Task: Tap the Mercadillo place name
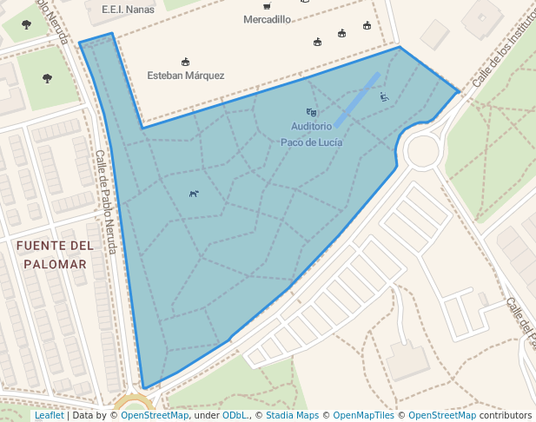tap(267, 19)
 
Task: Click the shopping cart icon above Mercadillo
tap(267, 6)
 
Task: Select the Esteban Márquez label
tap(186, 76)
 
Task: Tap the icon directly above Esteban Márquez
tap(186, 62)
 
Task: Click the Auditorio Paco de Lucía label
tap(311, 135)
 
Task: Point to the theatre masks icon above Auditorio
tap(311, 112)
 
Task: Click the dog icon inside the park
tap(194, 194)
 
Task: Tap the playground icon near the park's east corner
tap(384, 97)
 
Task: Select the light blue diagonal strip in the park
tap(357, 98)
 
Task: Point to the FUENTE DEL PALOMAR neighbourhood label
tap(54, 254)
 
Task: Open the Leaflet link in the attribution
tap(49, 416)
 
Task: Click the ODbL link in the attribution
tap(235, 416)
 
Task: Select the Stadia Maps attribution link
tap(292, 416)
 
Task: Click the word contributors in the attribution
tap(506, 416)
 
